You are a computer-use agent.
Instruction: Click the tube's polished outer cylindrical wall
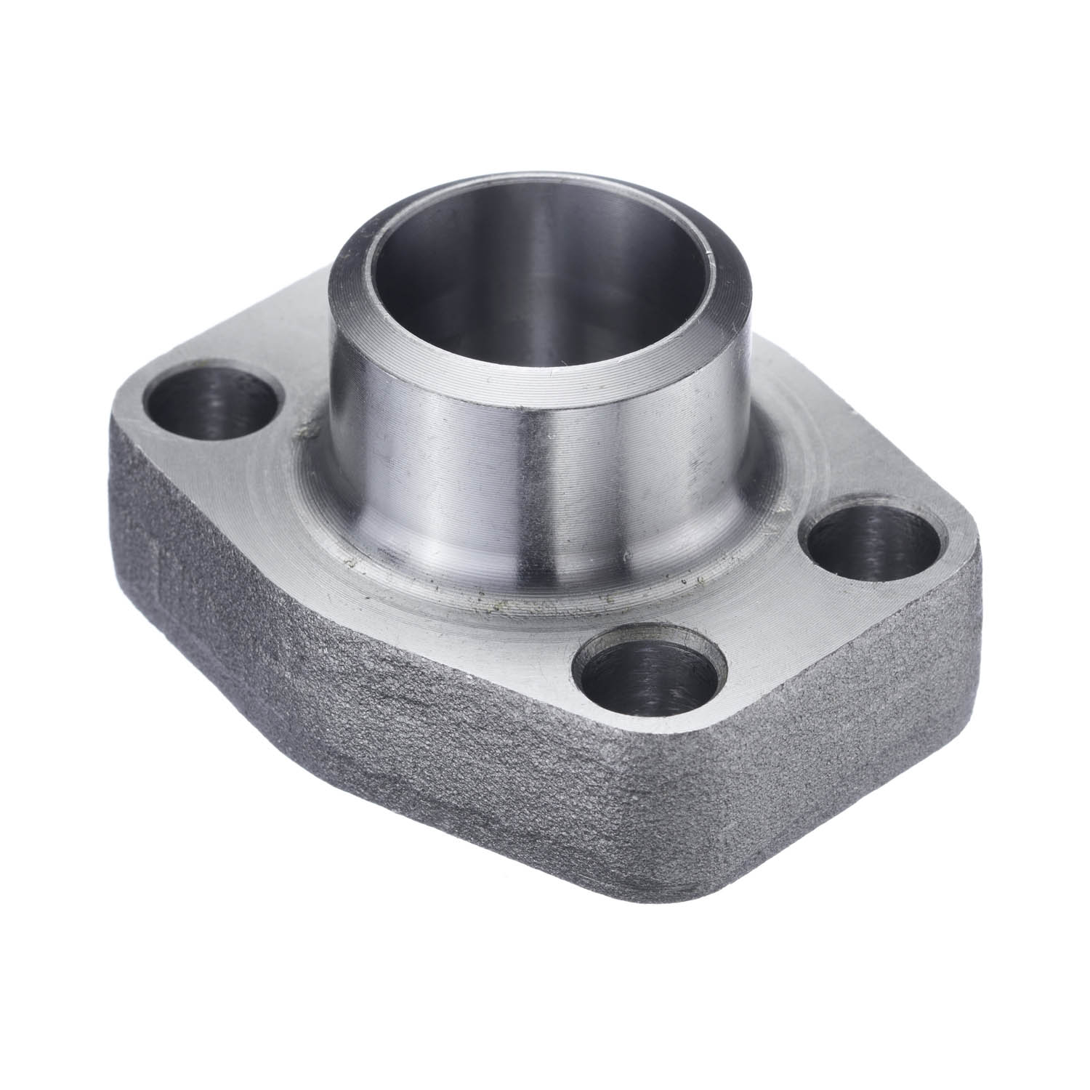[451, 465]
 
